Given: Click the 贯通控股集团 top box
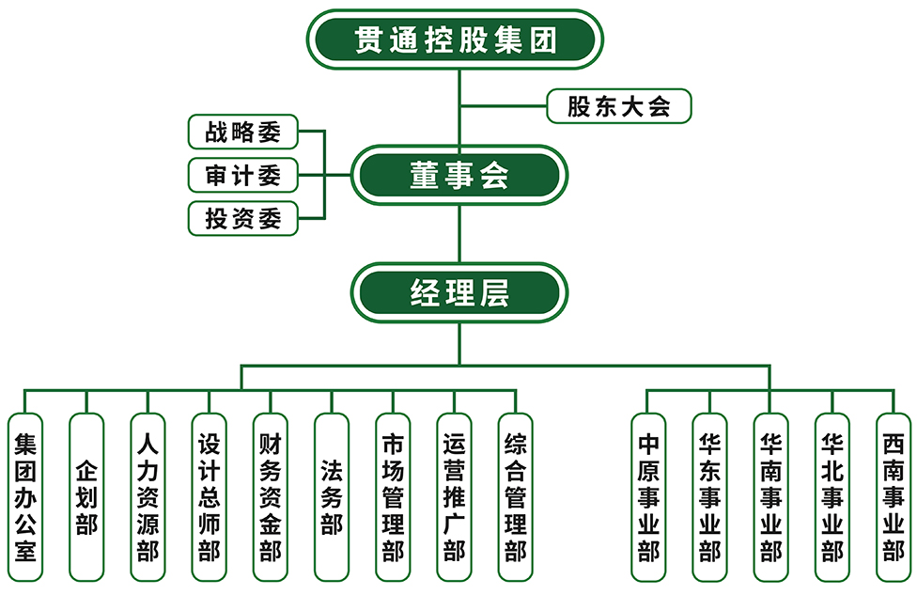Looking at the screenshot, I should (456, 39).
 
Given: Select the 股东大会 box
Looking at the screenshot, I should (619, 106).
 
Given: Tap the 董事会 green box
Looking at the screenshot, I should (458, 175).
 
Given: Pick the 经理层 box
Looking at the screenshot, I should (458, 292).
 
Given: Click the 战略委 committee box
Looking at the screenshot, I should (243, 133).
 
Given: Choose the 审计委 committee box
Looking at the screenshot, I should (243, 176).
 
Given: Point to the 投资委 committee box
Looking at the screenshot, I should (243, 219).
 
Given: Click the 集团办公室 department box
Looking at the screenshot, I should (25, 496).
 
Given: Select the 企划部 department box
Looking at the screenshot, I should (86, 496).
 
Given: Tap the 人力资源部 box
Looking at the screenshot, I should (148, 496).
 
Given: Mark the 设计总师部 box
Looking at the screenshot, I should (209, 496).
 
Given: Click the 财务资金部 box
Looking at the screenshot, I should (270, 496).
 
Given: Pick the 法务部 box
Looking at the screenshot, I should (331, 496).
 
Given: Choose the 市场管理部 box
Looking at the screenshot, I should (393, 496).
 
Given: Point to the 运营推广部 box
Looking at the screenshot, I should (454, 496).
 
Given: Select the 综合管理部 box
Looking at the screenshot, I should (515, 496).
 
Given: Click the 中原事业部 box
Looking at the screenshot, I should (648, 496).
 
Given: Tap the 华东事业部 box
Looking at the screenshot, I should (709, 496).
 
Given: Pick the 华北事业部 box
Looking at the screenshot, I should (832, 496).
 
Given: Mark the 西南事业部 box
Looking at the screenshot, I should (893, 496).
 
